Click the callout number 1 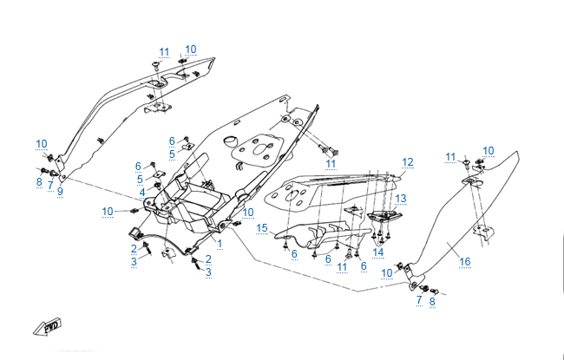220,244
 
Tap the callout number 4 142,192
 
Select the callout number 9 60,192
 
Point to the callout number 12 408,162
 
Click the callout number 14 378,252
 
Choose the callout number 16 465,261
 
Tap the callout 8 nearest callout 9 39,182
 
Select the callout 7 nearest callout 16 419,300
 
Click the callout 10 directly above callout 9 42,143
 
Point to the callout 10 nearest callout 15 248,212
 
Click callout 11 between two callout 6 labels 340,267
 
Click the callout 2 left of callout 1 134,248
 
